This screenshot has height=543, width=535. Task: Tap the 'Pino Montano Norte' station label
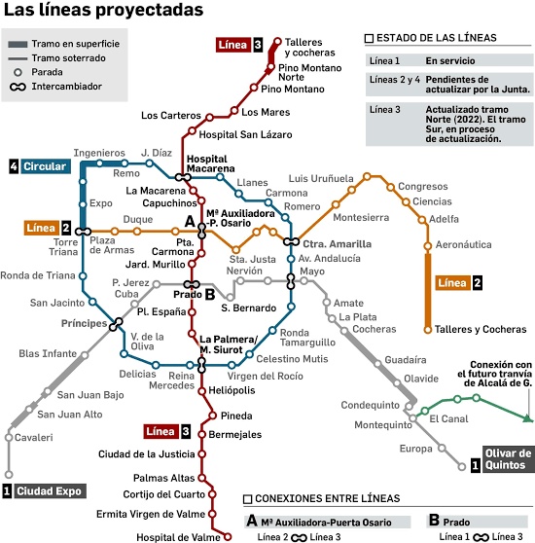coord(306,72)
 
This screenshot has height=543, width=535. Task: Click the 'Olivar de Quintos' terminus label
coord(508,458)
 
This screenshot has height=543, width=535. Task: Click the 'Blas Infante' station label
coord(47,352)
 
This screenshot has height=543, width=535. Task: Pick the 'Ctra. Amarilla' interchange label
coord(337,243)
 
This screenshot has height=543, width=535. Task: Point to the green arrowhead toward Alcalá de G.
coord(527,418)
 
